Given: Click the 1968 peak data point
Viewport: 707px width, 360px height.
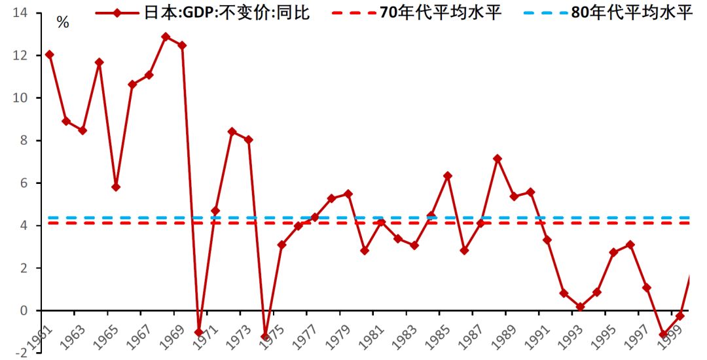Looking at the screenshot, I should coord(166,37).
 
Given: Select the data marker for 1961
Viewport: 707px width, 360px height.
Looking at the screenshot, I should coord(50,54).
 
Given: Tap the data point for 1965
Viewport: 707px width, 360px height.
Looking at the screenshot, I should coord(116,187).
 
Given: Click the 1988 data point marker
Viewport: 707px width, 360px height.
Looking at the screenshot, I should coord(497,158).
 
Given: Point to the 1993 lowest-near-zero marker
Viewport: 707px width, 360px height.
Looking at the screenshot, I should coord(581,306).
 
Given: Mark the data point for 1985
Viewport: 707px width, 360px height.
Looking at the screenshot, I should coord(448,176).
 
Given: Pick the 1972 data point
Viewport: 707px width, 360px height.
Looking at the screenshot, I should coord(232,132).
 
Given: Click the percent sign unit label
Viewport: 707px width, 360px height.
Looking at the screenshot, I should coord(63,23).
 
